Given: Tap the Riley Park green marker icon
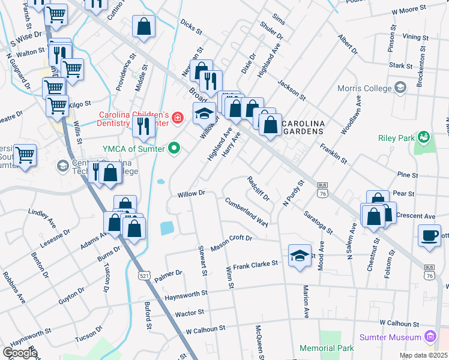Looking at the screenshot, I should tap(423, 137).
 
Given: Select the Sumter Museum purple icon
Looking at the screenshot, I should tap(429, 337).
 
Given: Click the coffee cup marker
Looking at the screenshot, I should tap(429, 235).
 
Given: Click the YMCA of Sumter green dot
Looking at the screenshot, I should tap(174, 147).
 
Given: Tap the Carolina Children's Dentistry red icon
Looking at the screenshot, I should tap(177, 118).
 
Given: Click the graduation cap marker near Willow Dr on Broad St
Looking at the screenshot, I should tap(204, 113).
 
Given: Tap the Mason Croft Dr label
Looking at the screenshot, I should tap(231, 242).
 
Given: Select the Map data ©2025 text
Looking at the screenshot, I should tap(423, 355).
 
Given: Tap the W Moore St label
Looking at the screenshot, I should tap(408, 11).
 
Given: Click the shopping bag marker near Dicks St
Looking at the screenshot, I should tap(144, 26).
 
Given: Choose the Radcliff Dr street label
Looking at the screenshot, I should tap(259, 188).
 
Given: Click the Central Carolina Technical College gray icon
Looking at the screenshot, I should tap(62, 165).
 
